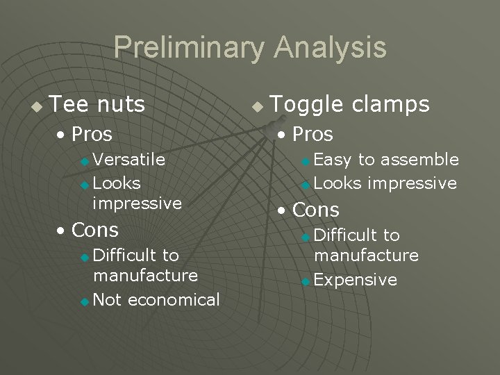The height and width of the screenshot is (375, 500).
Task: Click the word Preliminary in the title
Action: click(x=189, y=48)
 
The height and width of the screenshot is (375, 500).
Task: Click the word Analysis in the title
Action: click(x=330, y=48)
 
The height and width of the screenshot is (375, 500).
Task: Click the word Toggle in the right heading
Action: click(x=306, y=105)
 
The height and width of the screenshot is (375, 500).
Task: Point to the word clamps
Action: click(x=390, y=105)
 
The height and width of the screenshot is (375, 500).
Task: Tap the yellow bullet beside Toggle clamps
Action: click(x=258, y=107)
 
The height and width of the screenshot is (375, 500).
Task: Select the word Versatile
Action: click(x=128, y=160)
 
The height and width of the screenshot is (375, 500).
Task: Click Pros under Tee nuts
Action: click(x=91, y=134)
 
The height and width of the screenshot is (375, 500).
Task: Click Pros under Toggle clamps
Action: click(x=312, y=134)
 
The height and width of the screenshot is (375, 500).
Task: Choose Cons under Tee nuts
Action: click(x=94, y=230)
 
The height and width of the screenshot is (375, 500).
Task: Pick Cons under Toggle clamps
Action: click(x=316, y=210)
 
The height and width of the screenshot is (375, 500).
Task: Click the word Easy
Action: click(x=333, y=160)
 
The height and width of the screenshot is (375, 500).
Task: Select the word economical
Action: click(x=174, y=300)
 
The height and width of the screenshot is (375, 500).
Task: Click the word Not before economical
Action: click(x=108, y=300)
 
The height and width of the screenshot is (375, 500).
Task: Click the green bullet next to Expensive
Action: click(x=306, y=281)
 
